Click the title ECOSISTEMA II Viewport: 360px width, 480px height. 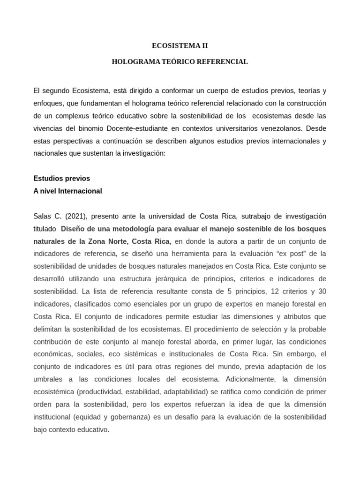pos(180,45)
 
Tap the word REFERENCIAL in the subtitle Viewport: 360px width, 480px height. pos(225,62)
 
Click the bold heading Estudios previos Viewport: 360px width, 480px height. pos(62,179)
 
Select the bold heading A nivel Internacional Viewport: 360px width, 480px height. pos(67,191)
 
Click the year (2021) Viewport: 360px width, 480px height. pos(75,216)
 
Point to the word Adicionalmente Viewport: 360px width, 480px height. pos(254,379)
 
